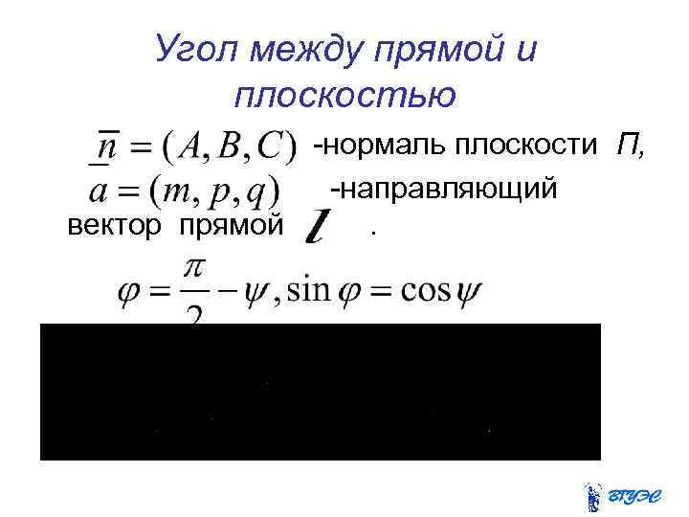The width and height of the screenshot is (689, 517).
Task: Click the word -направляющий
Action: (443, 189)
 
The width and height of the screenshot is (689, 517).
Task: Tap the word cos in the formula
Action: (427, 289)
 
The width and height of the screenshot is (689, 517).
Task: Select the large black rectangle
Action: (320, 392)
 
